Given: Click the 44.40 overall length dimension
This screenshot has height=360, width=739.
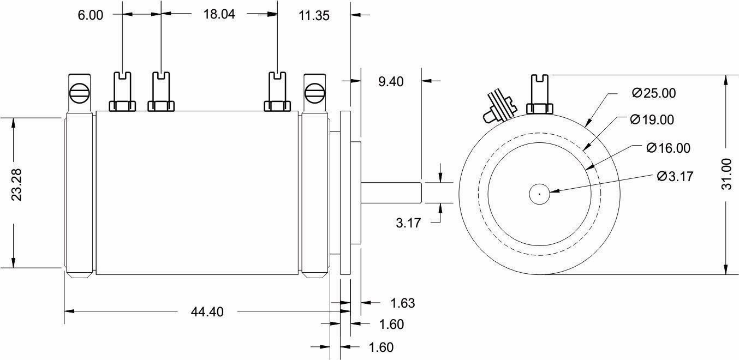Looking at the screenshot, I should click(207, 312).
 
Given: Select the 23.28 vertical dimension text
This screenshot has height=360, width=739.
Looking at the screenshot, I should click(17, 185).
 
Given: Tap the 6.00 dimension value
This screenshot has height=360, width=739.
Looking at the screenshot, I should click(91, 15).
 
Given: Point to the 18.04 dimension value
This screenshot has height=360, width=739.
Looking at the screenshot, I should click(219, 14).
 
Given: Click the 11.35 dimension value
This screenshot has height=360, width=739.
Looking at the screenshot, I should click(314, 15).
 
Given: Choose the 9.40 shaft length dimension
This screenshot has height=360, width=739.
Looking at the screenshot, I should click(391, 81).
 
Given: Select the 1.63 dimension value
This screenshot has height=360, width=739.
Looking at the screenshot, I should click(403, 303).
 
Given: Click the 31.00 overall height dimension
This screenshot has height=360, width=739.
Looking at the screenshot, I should click(726, 173).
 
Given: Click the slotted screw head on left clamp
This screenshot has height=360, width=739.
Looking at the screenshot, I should click(79, 92).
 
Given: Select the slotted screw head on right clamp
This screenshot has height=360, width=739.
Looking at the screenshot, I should click(314, 92).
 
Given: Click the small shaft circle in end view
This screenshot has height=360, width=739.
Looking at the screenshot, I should click(539, 194).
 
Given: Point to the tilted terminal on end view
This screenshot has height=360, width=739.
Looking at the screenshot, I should click(498, 106).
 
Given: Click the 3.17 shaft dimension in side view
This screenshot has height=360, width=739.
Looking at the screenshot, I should click(408, 223).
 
